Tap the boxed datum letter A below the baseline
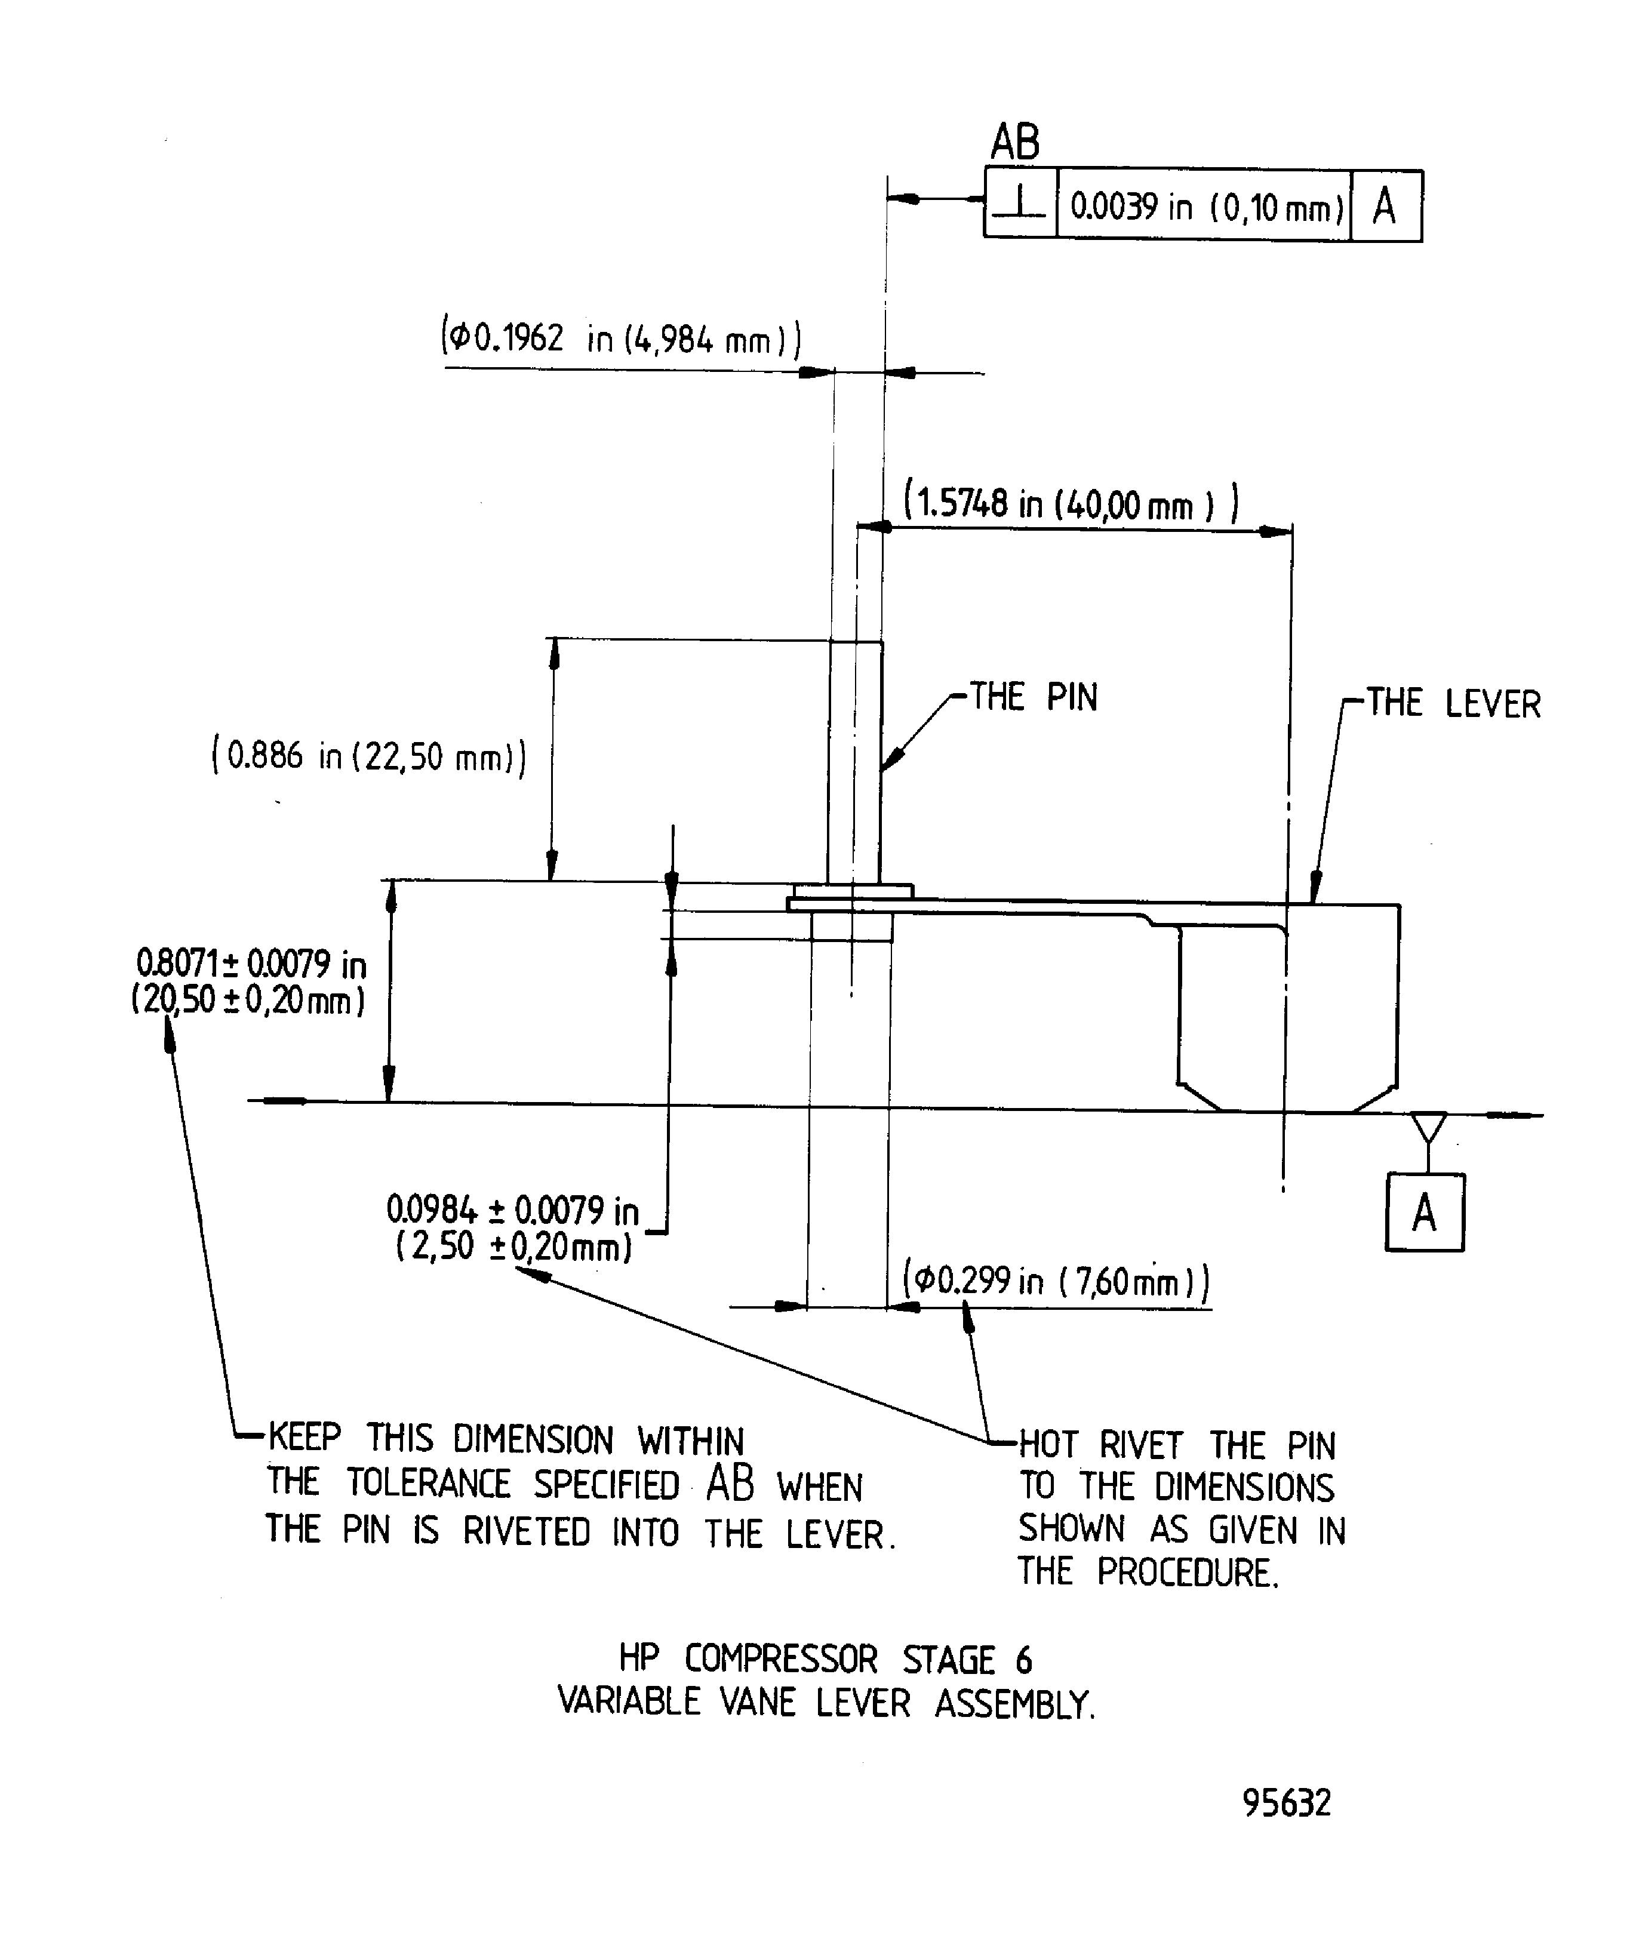coord(1424,1213)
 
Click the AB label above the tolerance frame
coord(1015,143)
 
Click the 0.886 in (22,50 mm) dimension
coord(369,756)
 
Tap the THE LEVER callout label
coord(1453,704)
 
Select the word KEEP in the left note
coord(305,1438)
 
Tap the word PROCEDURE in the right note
coord(1188,1572)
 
